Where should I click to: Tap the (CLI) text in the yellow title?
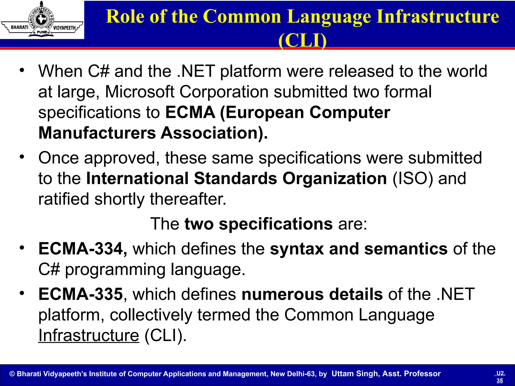coord(303,40)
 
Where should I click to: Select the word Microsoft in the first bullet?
coord(140,92)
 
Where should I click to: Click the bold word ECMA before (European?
coord(190,112)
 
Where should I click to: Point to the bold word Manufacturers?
coord(97,133)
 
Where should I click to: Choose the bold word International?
coord(137,178)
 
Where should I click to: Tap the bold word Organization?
coord(334,178)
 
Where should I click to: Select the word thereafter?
coord(188,199)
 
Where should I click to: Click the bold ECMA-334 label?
coord(83,249)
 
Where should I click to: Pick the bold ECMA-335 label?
coord(80,294)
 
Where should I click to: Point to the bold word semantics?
coord(406,249)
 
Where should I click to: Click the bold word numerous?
coord(282,294)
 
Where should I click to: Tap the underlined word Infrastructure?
coord(89,335)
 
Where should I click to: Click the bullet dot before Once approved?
coord(22,157)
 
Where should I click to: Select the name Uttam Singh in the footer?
coord(355,374)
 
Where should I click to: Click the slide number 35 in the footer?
coord(500,380)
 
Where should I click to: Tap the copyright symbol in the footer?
coord(12,374)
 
